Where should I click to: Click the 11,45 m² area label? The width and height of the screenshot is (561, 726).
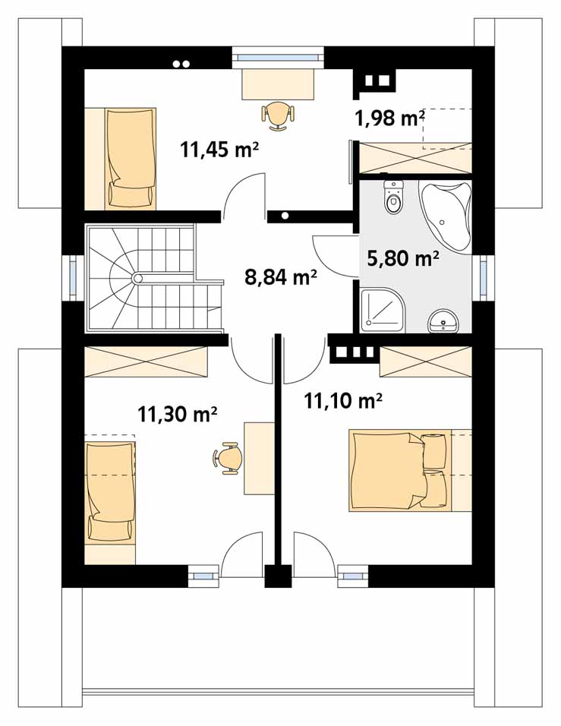(x=219, y=150)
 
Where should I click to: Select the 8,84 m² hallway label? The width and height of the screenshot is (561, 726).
(x=281, y=277)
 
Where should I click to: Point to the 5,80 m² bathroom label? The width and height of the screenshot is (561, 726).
(x=402, y=258)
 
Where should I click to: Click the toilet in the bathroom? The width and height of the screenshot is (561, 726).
(x=393, y=197)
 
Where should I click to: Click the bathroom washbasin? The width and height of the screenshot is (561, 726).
(x=444, y=321)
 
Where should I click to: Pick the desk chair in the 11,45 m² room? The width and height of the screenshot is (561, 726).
(x=278, y=115)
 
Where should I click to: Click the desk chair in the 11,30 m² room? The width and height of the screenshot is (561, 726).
(x=228, y=458)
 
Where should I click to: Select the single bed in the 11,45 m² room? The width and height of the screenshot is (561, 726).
(x=130, y=159)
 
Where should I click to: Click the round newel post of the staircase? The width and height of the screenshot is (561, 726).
(x=137, y=278)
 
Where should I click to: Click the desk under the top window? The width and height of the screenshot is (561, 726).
(x=278, y=84)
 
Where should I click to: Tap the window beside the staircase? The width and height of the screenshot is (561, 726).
(x=73, y=278)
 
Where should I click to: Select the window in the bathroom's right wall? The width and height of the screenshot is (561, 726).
(x=484, y=278)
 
